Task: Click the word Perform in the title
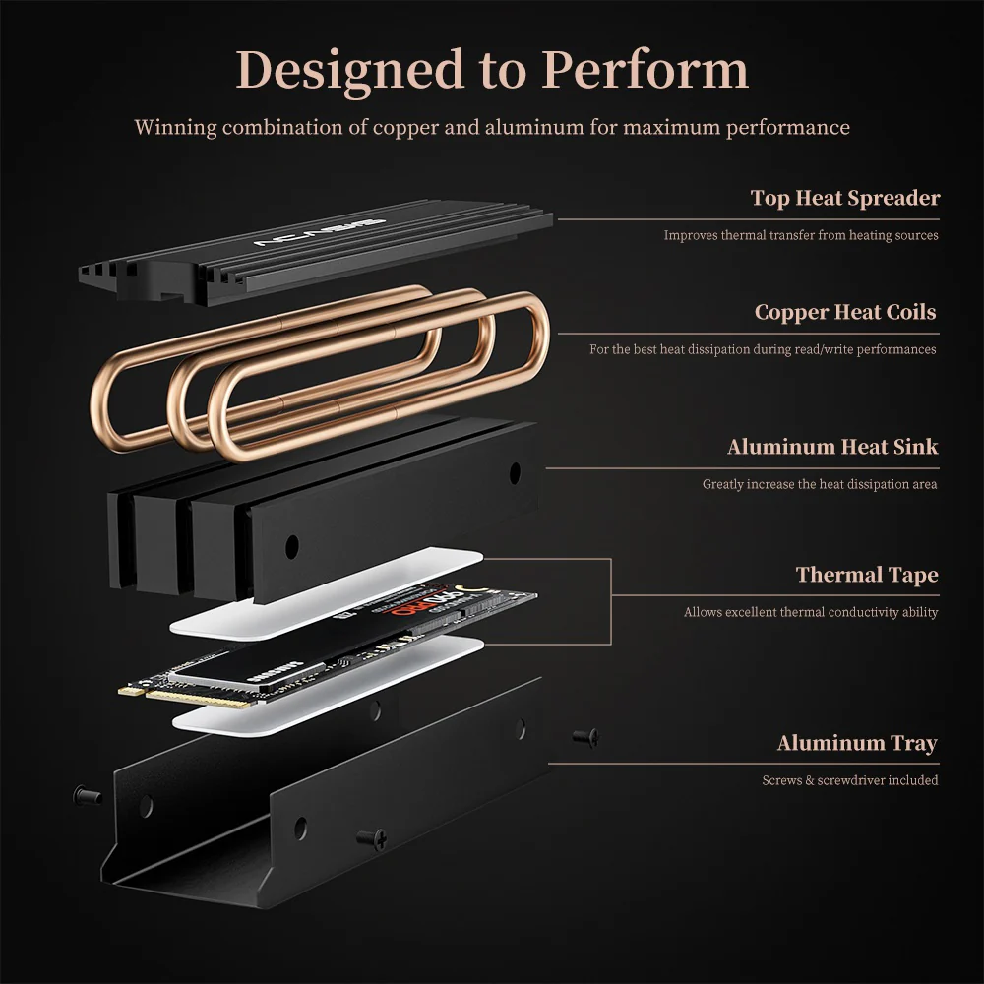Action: [646, 71]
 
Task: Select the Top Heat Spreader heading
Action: [844, 198]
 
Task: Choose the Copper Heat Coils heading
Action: [844, 312]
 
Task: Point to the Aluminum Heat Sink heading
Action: [831, 447]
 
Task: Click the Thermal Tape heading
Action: [866, 575]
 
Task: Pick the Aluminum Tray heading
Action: [856, 743]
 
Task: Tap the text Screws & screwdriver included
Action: [849, 780]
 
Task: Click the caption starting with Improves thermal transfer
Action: [800, 235]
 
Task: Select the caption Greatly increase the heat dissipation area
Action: [819, 484]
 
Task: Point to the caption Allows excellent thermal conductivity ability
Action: [810, 612]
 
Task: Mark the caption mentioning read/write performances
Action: [763, 349]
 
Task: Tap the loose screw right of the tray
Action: [585, 735]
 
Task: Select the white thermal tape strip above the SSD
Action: [325, 595]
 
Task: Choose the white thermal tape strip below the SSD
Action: [330, 689]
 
